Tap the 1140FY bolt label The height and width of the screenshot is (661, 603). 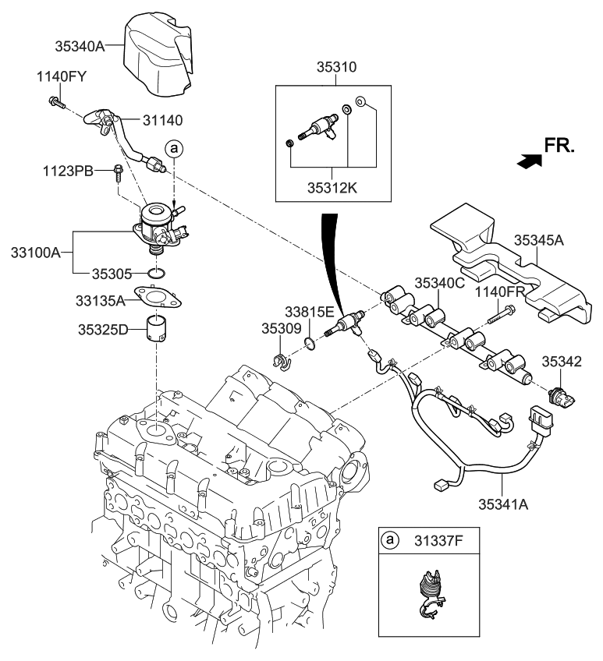(61, 76)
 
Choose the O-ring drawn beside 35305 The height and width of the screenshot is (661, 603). (156, 274)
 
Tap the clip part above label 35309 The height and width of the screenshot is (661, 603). (280, 361)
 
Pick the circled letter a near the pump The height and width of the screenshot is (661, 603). (174, 148)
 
